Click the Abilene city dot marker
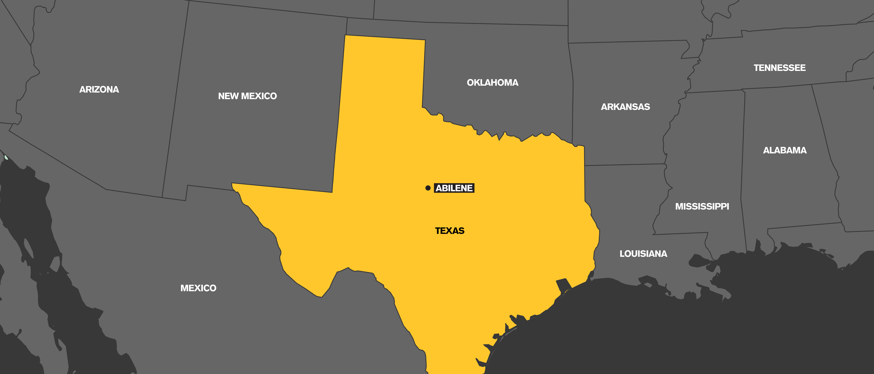coord(428,188)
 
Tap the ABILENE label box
coord(454,188)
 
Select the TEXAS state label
coord(450,231)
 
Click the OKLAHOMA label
coord(492,83)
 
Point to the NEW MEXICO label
coord(247,96)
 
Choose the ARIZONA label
coord(99,89)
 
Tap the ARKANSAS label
coord(625,107)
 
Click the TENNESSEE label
coord(779,68)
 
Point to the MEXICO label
coord(198,288)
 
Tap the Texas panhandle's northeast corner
coord(425,40)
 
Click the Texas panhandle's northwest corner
coord(345,35)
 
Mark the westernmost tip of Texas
coord(232,184)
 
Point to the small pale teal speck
coord(6,157)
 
